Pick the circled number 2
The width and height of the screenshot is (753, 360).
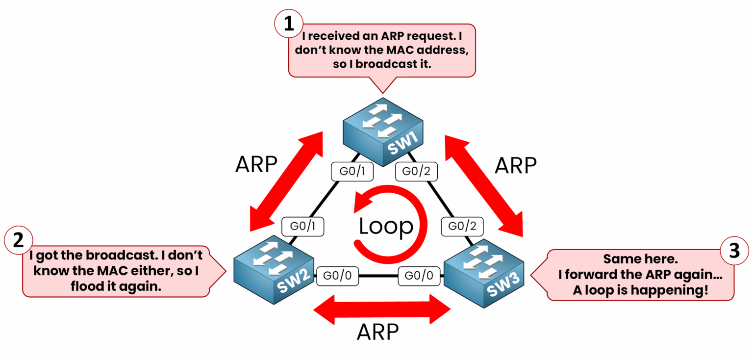tap(18, 240)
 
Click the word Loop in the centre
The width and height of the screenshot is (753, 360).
tap(386, 226)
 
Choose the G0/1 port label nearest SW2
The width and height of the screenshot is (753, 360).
tap(303, 227)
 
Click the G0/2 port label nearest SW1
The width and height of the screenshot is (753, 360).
tap(416, 172)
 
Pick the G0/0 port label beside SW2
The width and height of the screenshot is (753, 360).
tap(338, 276)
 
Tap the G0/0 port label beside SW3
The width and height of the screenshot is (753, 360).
tap(419, 276)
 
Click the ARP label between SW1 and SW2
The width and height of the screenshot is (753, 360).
tap(256, 165)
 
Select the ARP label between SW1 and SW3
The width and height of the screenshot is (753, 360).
tap(515, 165)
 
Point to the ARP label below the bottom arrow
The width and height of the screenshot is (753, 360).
tap(377, 333)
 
